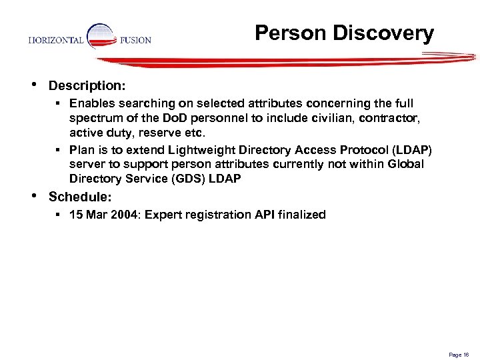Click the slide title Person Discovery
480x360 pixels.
point(344,33)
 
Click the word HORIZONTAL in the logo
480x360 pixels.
point(56,40)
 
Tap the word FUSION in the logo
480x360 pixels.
point(135,40)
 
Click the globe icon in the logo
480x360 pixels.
point(101,37)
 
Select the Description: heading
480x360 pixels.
point(87,86)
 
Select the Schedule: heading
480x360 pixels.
point(81,197)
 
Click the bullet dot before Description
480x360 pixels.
point(34,85)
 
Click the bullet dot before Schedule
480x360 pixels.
point(34,195)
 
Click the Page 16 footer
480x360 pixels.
point(459,355)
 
